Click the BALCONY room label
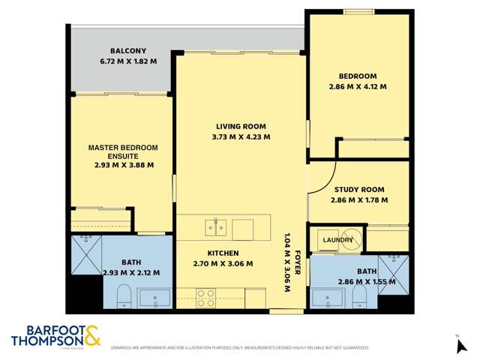[x=124, y=51]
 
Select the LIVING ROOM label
[x=241, y=126]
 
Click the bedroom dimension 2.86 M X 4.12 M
[x=358, y=87]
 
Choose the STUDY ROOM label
[x=358, y=190]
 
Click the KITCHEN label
[x=223, y=253]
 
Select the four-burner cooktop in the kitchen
[x=205, y=296]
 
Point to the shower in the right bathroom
[x=394, y=270]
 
